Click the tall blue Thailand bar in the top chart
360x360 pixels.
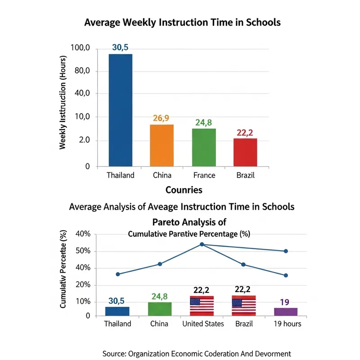(120, 110)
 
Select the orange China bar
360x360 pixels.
(161, 145)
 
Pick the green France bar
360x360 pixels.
(204, 148)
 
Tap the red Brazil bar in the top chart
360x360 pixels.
(245, 153)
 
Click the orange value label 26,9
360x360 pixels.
(161, 118)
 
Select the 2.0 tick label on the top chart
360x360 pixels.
(84, 140)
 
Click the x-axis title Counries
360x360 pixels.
(184, 189)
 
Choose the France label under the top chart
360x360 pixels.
(204, 175)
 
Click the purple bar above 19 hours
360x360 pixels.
(285, 312)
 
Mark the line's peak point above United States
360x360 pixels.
(202, 244)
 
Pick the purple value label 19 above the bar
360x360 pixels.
(285, 302)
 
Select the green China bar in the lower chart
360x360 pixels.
(160, 309)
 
